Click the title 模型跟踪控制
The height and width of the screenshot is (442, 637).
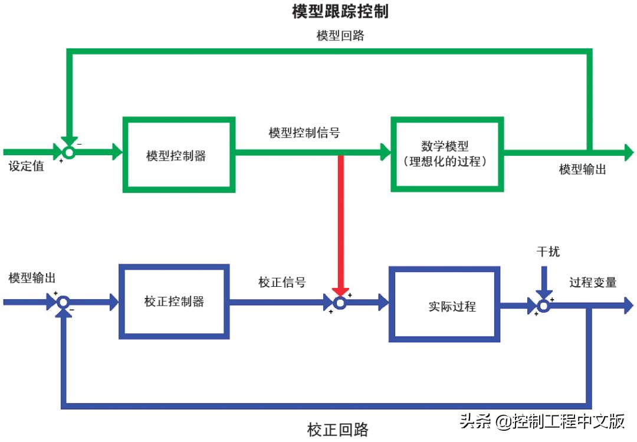click(x=340, y=11)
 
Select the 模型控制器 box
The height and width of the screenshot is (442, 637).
click(x=179, y=155)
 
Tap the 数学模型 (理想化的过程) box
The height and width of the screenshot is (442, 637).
click(x=447, y=154)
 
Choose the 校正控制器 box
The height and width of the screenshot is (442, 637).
click(x=174, y=302)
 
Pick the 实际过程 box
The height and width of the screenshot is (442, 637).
click(x=444, y=305)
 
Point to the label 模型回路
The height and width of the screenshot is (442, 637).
click(x=340, y=35)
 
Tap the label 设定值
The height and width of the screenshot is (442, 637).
click(x=26, y=166)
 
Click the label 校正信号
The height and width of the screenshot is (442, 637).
click(x=282, y=282)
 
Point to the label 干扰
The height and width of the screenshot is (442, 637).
click(x=548, y=252)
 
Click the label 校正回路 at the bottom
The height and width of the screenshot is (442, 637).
click(x=337, y=429)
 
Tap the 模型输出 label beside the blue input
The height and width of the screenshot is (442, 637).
click(x=32, y=277)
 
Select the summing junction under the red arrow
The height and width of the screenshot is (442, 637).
click(x=340, y=303)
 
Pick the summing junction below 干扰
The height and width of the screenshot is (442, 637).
click(x=543, y=306)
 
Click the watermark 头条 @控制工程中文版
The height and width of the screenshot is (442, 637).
click(x=542, y=421)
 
